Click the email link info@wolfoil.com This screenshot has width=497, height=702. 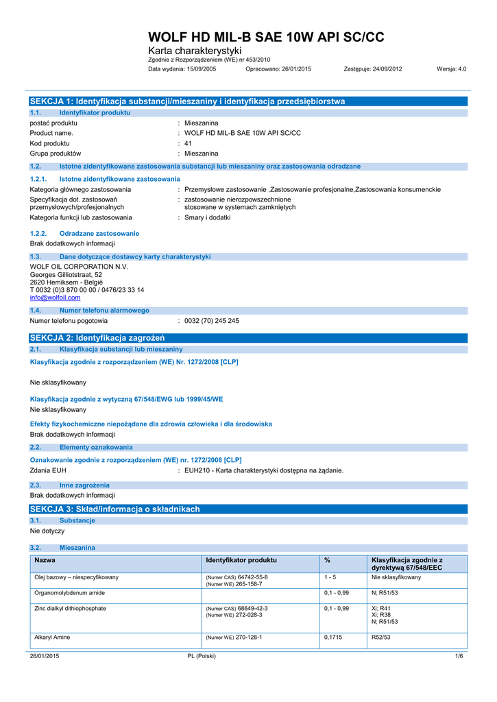(55, 298)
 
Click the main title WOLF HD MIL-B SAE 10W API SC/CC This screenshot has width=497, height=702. (267, 37)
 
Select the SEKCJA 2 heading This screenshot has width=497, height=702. (97, 338)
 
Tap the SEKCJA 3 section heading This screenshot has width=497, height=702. (114, 509)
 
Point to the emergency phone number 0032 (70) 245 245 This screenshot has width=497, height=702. (212, 321)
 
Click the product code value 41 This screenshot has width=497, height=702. (189, 143)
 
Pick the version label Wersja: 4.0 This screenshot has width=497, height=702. (451, 69)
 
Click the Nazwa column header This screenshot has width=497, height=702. (45, 561)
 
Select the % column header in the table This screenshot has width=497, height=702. (327, 561)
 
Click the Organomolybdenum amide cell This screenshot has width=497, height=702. (70, 592)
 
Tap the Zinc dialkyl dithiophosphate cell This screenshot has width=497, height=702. (71, 608)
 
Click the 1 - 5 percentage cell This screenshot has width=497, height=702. (330, 577)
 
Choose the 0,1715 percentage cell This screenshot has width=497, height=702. (334, 637)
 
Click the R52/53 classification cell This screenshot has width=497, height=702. (380, 637)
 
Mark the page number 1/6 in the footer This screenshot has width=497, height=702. (459, 657)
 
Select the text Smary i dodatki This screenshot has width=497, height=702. (208, 217)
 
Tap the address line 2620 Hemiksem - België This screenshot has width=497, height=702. (66, 282)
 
